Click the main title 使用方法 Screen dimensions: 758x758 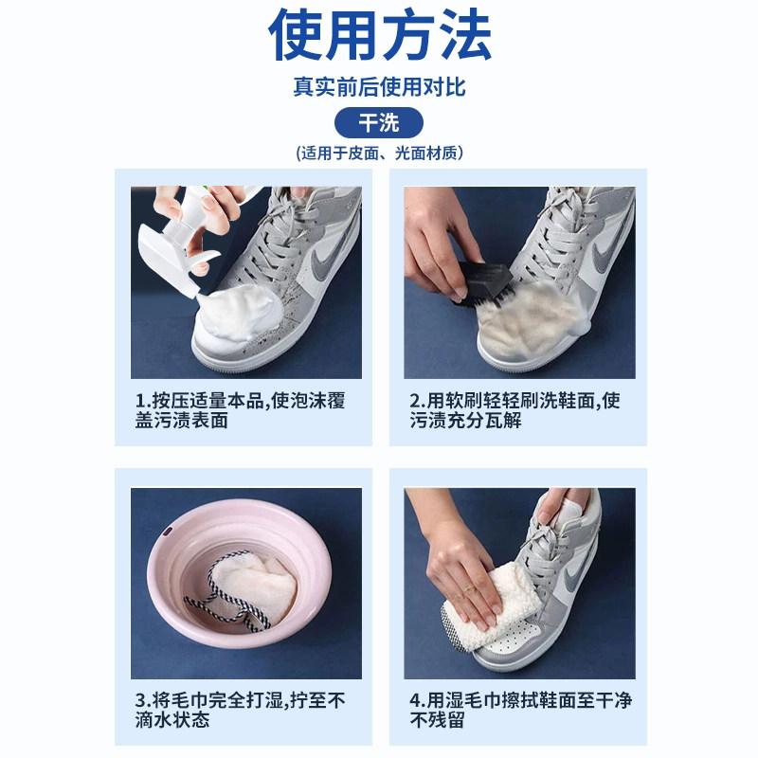(x=379, y=36)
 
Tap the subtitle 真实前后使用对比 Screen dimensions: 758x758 (x=379, y=87)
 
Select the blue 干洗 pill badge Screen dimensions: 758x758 (x=379, y=123)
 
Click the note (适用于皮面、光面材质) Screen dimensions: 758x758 (x=379, y=153)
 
